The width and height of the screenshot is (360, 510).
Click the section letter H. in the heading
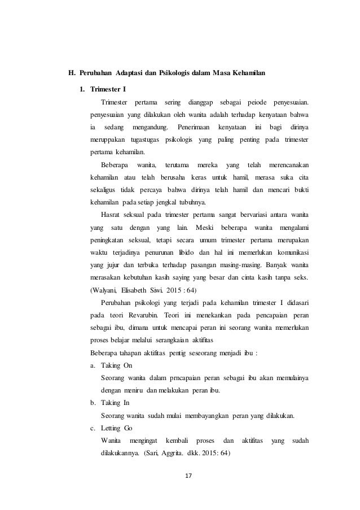pos(71,73)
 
